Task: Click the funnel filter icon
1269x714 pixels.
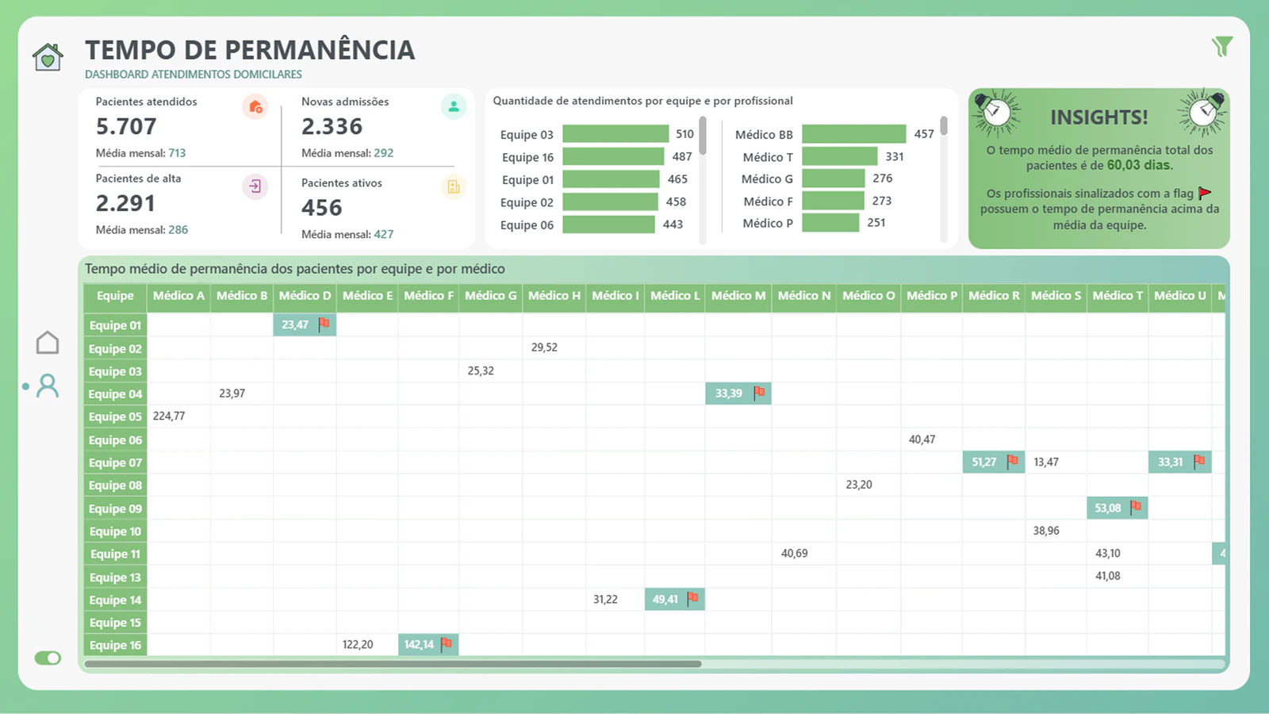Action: click(x=1222, y=47)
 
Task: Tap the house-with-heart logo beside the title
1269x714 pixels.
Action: click(x=48, y=56)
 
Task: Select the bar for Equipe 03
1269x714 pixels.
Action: click(x=615, y=134)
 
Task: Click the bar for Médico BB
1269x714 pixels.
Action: click(x=853, y=134)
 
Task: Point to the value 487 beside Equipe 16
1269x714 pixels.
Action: click(x=681, y=156)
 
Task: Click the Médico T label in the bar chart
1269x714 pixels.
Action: click(x=768, y=157)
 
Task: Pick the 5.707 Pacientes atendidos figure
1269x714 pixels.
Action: click(x=126, y=126)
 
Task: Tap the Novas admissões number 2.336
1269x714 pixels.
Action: click(x=332, y=126)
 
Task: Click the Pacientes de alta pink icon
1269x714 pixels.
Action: click(x=255, y=186)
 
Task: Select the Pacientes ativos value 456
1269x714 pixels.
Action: click(x=322, y=207)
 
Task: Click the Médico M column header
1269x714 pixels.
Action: click(x=738, y=296)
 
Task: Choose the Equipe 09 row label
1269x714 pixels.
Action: click(x=115, y=509)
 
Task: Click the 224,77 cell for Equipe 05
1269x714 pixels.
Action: click(x=169, y=416)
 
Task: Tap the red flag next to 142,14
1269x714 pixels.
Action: click(x=447, y=643)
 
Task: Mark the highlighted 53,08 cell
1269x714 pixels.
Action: click(x=1118, y=508)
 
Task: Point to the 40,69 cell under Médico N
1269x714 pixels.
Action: click(x=794, y=553)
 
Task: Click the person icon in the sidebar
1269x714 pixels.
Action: click(x=48, y=386)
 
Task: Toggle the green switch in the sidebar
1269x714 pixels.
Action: click(x=48, y=658)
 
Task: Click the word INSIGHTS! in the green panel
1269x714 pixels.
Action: click(x=1099, y=117)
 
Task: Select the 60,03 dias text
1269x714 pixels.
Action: click(x=1138, y=166)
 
